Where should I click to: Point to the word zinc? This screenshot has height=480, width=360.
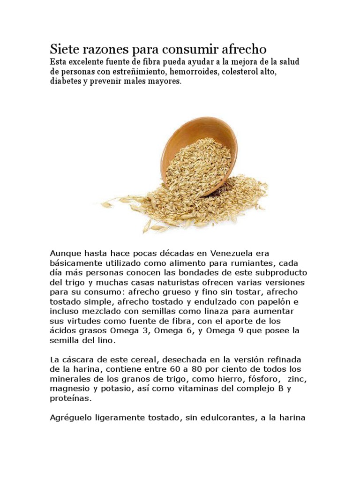click(x=298, y=379)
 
